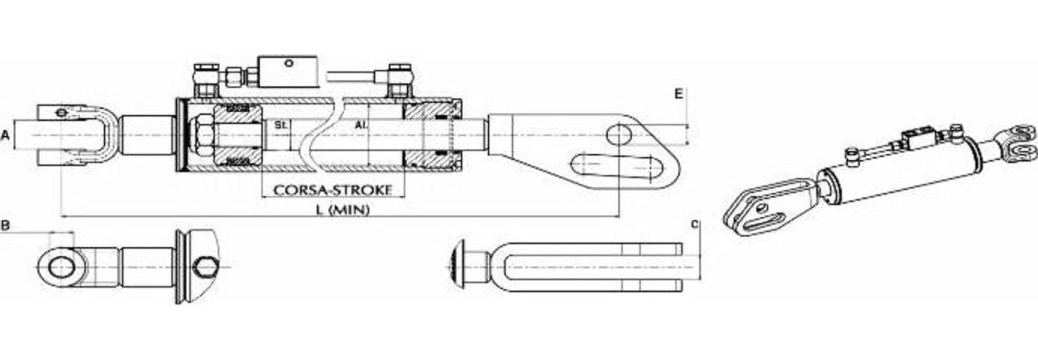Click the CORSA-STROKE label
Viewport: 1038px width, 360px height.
(332, 190)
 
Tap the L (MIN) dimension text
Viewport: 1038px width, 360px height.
(343, 209)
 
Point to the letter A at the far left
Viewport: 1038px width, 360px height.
(5, 136)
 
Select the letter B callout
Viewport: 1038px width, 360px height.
(5, 226)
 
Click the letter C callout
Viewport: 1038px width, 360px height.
(695, 224)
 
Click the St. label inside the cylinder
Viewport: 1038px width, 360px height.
(280, 125)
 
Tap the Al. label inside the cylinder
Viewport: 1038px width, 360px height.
(360, 125)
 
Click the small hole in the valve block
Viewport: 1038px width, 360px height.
(289, 62)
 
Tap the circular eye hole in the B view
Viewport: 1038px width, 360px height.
(60, 266)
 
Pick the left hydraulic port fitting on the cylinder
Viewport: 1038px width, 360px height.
(206, 80)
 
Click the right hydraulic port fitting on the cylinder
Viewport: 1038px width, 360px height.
(398, 80)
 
